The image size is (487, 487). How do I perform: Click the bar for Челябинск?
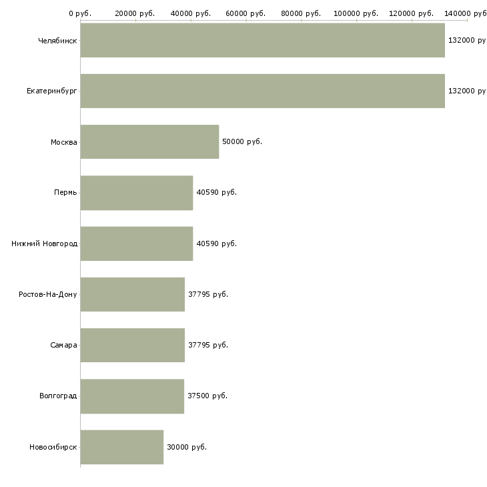click(x=262, y=40)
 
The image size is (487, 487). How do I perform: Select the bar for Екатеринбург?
click(x=262, y=91)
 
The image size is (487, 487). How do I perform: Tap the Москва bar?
click(x=149, y=141)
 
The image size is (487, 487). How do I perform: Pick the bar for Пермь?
click(x=137, y=193)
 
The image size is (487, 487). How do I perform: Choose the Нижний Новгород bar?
click(x=137, y=243)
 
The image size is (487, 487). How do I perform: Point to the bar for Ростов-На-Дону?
click(x=132, y=294)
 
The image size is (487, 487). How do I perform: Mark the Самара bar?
click(x=132, y=345)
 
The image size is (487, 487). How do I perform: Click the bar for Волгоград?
click(x=132, y=396)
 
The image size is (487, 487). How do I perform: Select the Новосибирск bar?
click(x=121, y=447)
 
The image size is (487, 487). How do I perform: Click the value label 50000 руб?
click(x=241, y=141)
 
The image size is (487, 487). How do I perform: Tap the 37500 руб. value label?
click(x=207, y=396)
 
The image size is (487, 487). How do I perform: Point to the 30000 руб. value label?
click(x=187, y=447)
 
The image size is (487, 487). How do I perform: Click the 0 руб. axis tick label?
click(x=79, y=13)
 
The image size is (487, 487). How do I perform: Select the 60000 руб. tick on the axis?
click(x=246, y=13)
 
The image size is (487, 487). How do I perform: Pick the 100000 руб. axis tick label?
click(x=356, y=13)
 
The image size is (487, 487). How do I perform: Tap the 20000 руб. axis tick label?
click(x=135, y=13)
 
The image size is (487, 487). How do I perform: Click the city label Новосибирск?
click(x=53, y=447)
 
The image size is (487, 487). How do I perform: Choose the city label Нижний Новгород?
click(x=44, y=243)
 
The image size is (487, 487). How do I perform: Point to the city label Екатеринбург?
click(x=52, y=91)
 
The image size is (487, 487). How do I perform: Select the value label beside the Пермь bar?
click(x=217, y=193)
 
